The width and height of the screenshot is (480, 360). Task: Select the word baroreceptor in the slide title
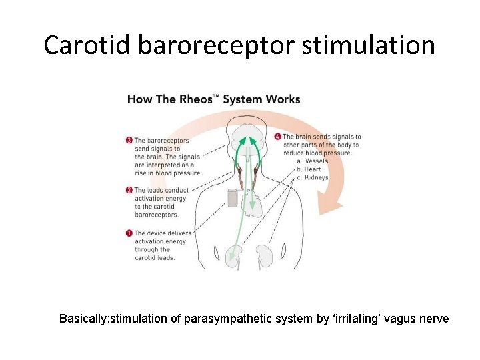click(x=219, y=45)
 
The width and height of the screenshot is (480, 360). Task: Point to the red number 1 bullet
click(x=129, y=233)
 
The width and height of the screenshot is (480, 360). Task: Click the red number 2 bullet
click(x=129, y=190)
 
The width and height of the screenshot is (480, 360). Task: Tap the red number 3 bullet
click(x=129, y=140)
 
